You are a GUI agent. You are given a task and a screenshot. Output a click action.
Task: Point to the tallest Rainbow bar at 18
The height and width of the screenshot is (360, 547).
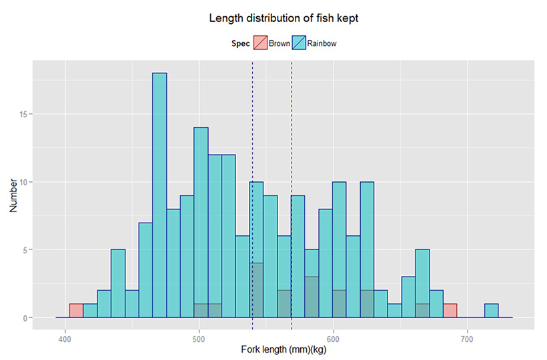coord(159,193)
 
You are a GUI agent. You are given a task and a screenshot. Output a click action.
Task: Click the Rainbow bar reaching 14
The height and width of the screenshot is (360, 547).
coord(201,220)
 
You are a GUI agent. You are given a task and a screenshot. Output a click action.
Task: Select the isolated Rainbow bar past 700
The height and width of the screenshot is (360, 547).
coord(491,311)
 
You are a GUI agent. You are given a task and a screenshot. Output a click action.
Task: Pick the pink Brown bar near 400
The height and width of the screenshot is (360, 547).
coord(76,311)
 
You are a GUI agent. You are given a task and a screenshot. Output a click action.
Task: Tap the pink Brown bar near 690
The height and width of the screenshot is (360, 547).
coord(450,311)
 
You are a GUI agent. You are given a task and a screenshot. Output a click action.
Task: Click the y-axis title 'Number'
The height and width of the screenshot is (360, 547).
coord(13,193)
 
